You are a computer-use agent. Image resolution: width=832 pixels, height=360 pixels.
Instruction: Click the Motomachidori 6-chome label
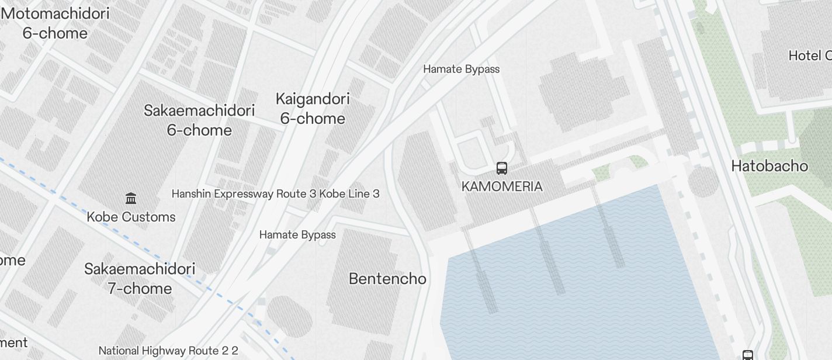(x=56, y=23)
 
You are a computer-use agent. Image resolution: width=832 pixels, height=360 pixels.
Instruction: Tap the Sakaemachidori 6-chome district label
(x=199, y=120)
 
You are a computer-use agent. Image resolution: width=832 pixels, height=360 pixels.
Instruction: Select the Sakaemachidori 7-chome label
(x=140, y=278)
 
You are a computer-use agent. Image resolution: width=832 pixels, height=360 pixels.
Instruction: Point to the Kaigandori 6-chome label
(x=313, y=108)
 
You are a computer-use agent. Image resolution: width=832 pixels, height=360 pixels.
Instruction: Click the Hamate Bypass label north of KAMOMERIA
(x=461, y=69)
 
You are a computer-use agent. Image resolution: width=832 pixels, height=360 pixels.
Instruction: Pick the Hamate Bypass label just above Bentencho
(x=297, y=235)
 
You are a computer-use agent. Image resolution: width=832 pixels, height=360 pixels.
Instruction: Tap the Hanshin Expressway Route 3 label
(x=275, y=193)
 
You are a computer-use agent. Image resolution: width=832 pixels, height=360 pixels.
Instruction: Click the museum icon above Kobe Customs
(x=131, y=199)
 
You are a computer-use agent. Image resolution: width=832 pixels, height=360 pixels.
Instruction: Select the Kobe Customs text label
(x=131, y=217)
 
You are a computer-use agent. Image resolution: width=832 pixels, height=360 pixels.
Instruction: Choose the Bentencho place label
(x=387, y=279)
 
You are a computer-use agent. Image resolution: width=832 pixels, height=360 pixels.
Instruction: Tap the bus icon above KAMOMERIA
(x=502, y=168)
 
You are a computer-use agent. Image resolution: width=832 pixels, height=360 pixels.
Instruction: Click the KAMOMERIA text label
(x=502, y=186)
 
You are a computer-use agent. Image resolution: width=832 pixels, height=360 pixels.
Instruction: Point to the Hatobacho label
(x=769, y=166)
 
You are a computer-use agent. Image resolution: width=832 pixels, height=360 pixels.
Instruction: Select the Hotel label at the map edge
(x=809, y=56)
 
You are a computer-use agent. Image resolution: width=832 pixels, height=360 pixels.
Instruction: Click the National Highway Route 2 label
(x=168, y=351)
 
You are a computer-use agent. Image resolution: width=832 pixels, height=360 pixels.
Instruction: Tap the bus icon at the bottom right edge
(x=748, y=355)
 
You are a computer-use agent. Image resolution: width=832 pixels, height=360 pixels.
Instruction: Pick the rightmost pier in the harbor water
(x=611, y=231)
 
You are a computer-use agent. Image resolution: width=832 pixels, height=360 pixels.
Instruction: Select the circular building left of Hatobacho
(x=703, y=182)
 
